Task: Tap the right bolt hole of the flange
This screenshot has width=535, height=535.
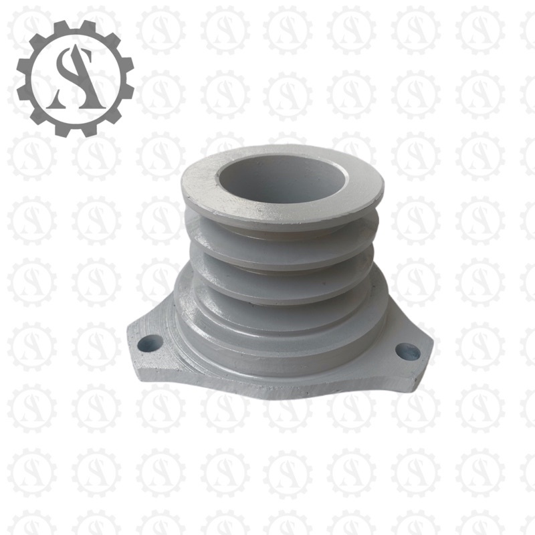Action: [407, 351]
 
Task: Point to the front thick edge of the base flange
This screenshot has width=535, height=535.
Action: [281, 388]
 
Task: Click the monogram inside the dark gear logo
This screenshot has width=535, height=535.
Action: [76, 78]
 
